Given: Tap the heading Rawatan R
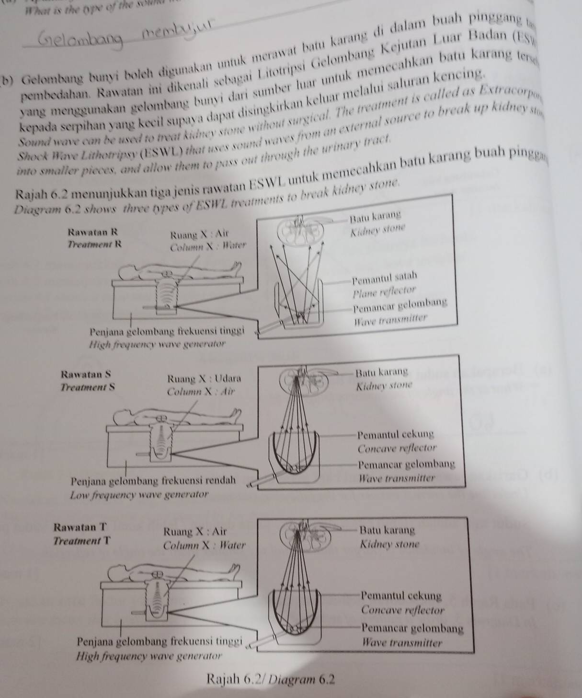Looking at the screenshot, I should tap(93, 232).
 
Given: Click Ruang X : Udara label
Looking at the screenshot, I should tap(204, 378).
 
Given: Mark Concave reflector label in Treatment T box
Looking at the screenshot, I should tap(403, 611).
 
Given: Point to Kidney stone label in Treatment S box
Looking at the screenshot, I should tap(385, 386).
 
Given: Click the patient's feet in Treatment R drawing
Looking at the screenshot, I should tap(236, 265).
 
